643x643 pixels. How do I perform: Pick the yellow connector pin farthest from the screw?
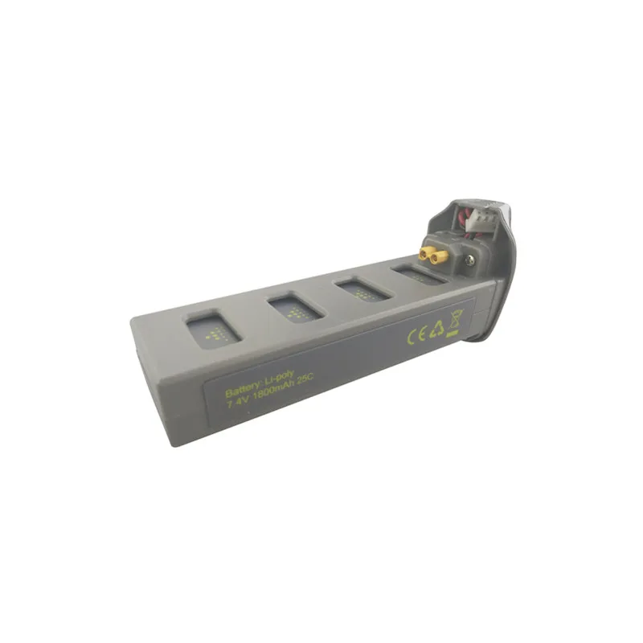point(424,254)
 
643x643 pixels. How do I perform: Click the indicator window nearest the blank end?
point(213,330)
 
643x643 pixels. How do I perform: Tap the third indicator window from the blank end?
point(362,289)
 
